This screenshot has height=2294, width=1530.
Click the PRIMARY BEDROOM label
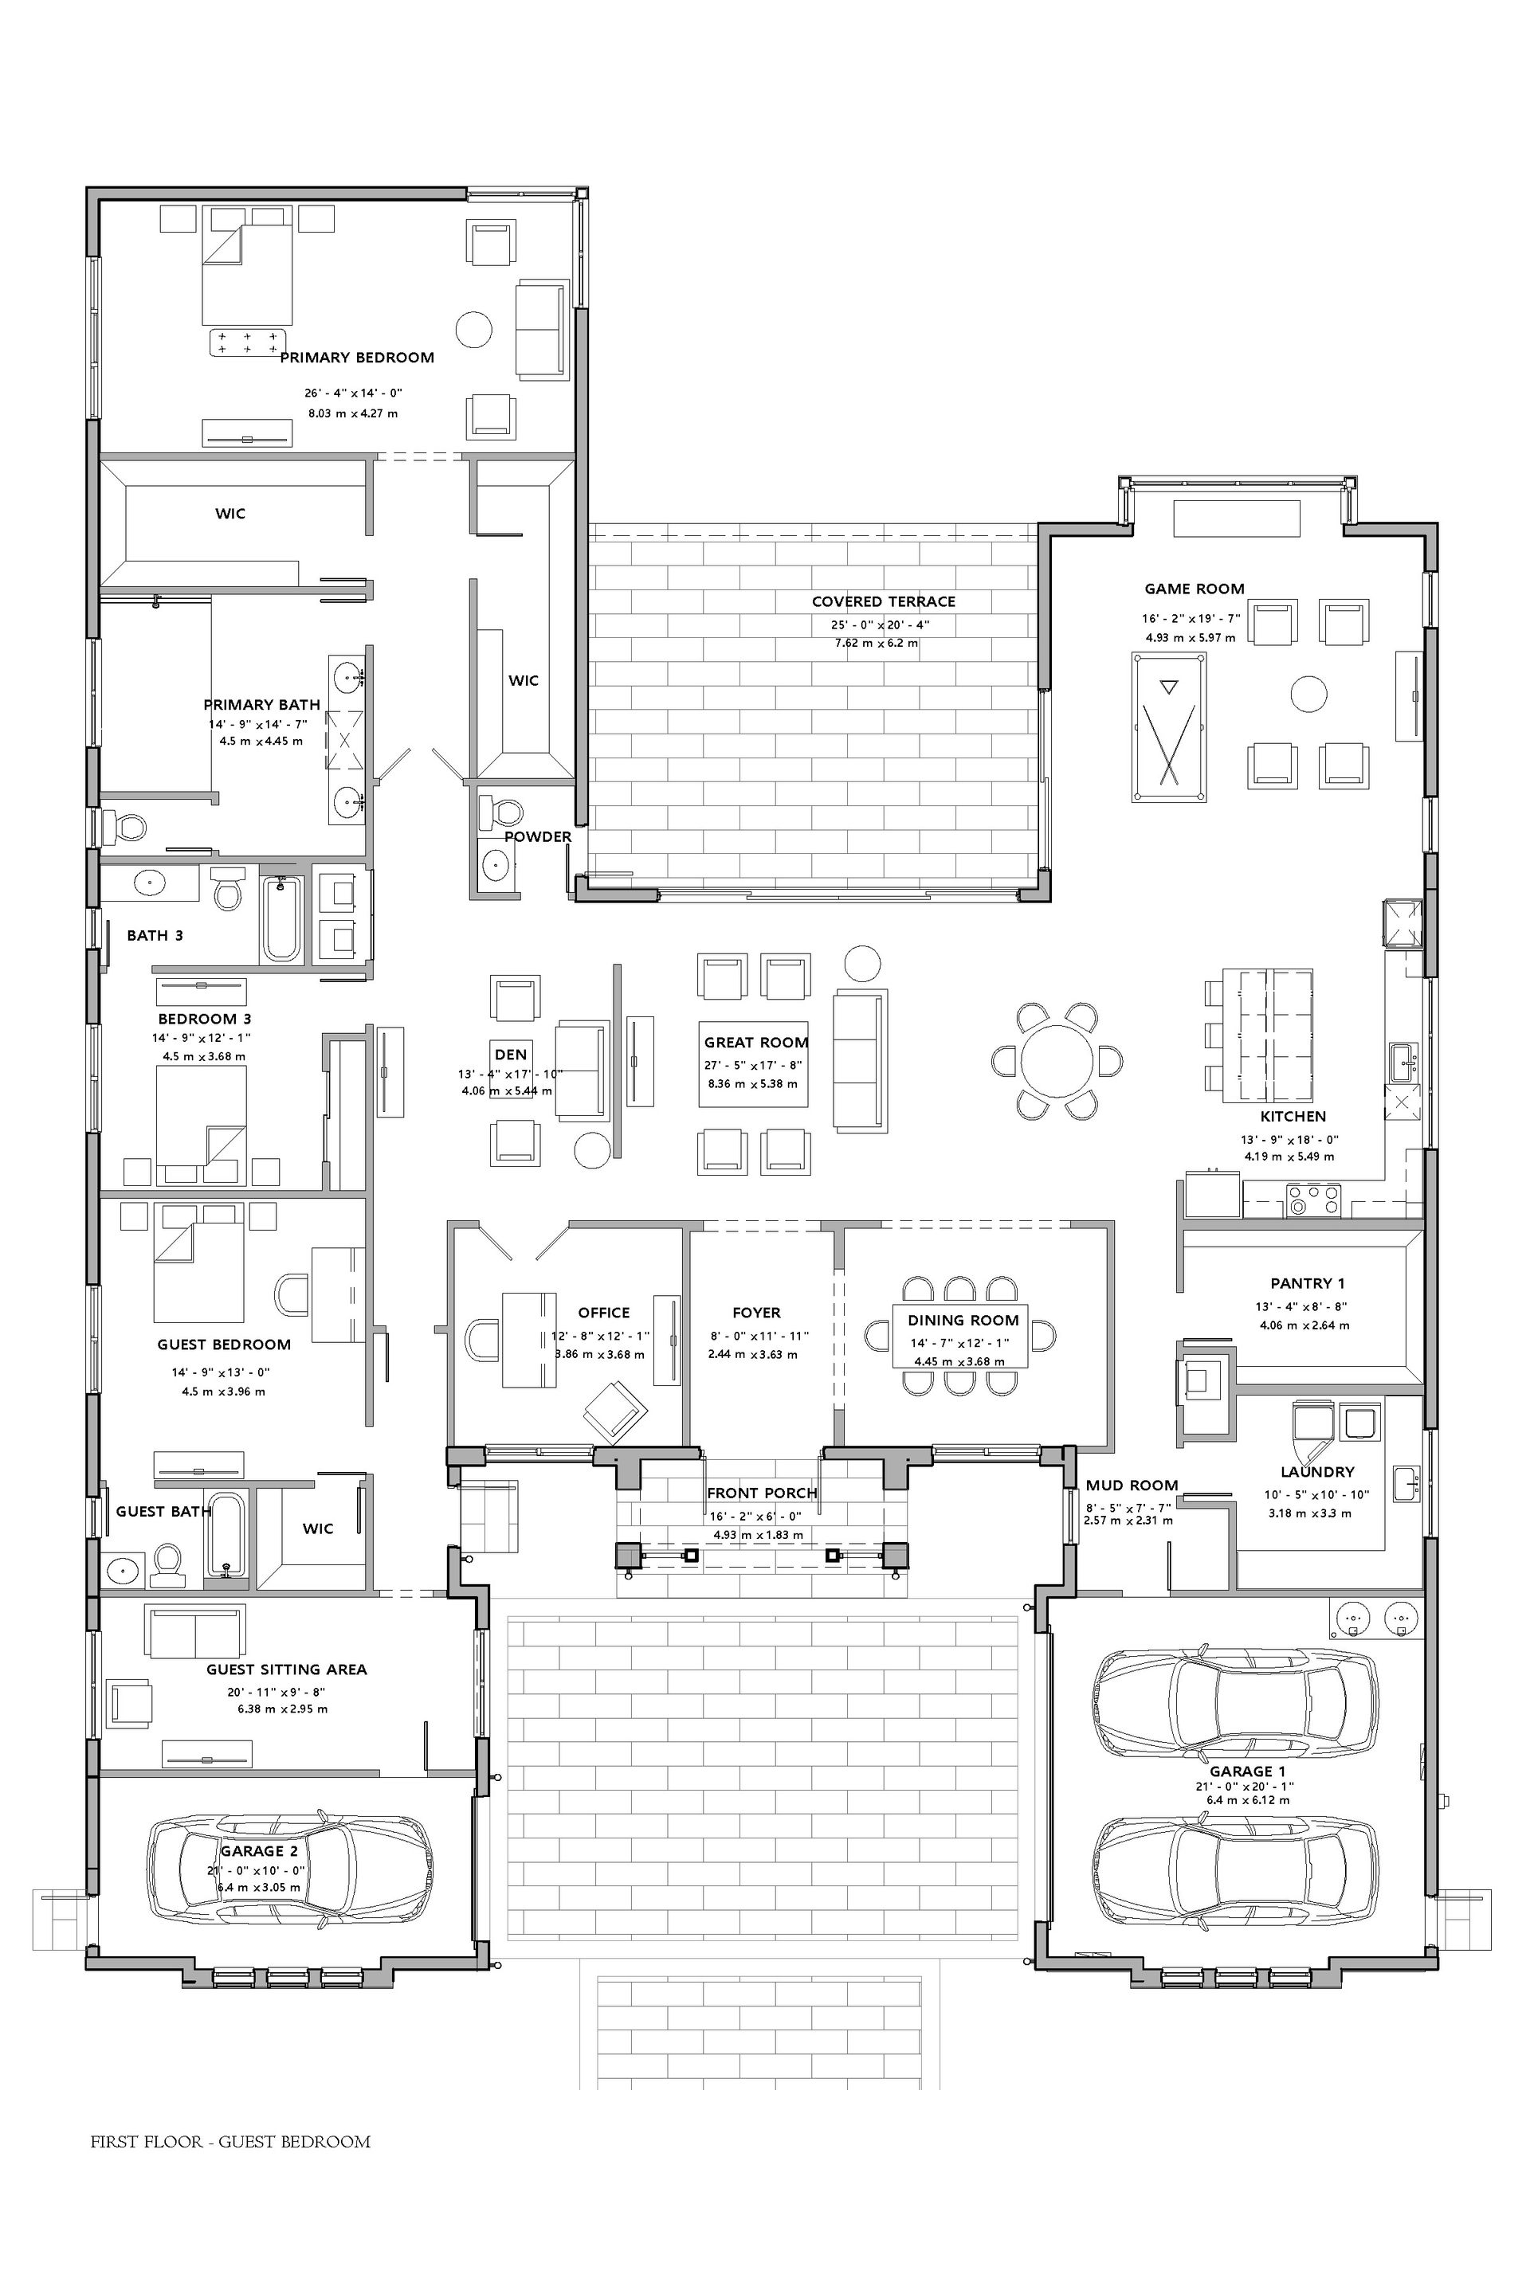[x=357, y=358]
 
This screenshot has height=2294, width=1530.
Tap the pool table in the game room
[x=1169, y=727]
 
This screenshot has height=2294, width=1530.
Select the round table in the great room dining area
[x=1057, y=1060]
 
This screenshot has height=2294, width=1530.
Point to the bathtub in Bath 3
[x=283, y=918]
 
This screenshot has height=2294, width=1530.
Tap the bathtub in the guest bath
[x=226, y=1534]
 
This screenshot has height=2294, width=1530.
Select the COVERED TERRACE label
[x=883, y=602]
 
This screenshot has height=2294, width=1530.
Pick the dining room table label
[x=963, y=1321]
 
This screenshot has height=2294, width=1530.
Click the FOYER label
[x=756, y=1313]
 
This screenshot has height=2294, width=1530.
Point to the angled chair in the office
[x=616, y=1411]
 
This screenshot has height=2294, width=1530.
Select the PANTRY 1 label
[x=1308, y=1283]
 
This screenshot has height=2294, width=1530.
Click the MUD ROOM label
[x=1132, y=1486]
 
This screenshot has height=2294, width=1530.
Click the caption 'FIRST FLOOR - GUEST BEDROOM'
[x=230, y=2142]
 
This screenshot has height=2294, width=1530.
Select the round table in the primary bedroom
[x=474, y=329]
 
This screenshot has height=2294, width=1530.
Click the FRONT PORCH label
[x=762, y=1493]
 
